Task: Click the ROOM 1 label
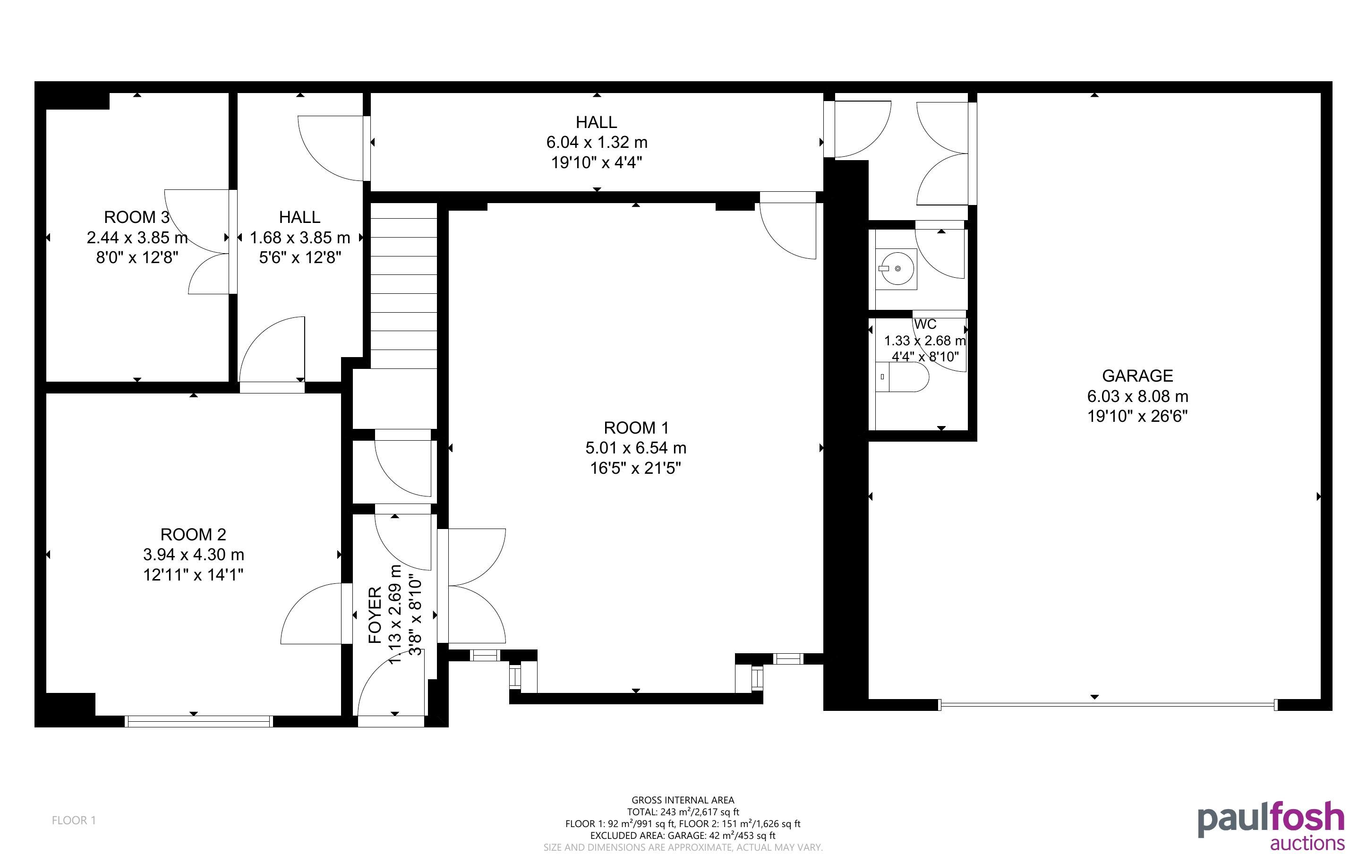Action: click(636, 427)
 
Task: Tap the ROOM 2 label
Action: click(193, 534)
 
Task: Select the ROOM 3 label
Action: click(137, 217)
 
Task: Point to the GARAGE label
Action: click(1137, 376)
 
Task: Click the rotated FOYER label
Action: click(376, 615)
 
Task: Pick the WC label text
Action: click(925, 324)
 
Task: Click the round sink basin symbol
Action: click(897, 269)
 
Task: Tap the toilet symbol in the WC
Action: click(902, 377)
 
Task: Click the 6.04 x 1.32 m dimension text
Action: click(596, 142)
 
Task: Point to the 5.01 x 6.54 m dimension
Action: click(636, 448)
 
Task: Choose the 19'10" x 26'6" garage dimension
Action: click(1137, 416)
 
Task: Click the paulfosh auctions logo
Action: click(1271, 825)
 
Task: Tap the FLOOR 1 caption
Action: click(74, 820)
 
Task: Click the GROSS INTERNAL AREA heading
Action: click(683, 800)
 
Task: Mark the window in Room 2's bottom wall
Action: click(199, 721)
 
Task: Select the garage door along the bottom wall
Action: click(1107, 704)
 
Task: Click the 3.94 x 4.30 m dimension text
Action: click(193, 555)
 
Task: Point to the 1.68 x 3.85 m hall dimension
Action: click(300, 238)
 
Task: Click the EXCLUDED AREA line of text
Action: click(683, 836)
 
